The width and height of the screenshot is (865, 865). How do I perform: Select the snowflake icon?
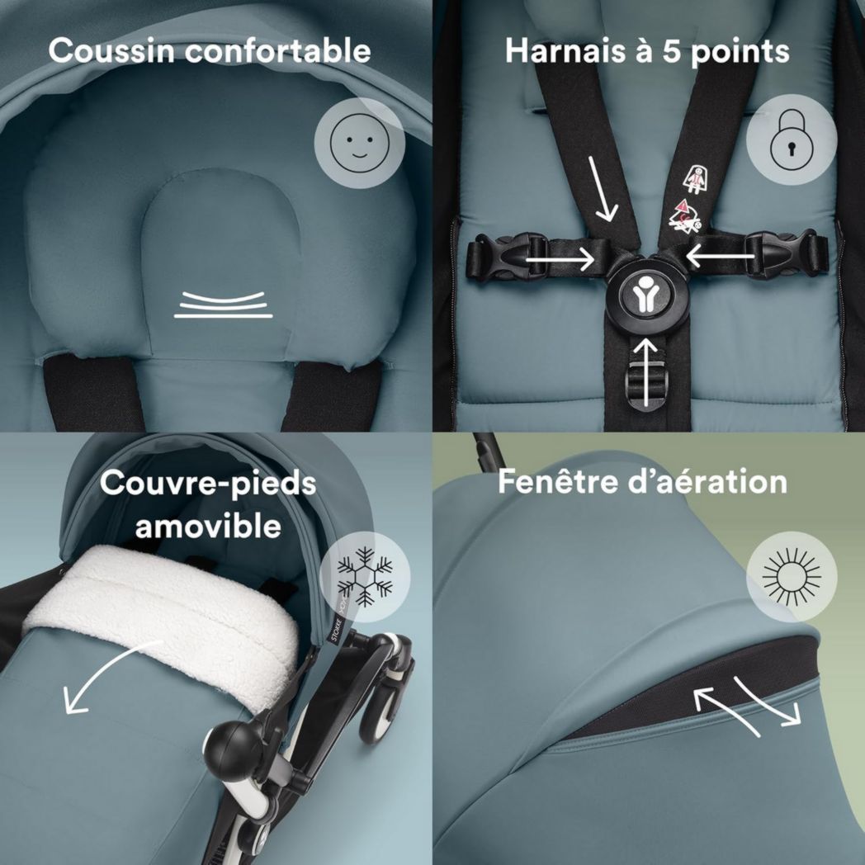coord(365,573)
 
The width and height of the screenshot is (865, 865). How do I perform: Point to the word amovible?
coord(208,525)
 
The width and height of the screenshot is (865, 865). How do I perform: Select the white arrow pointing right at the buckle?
coord(561,261)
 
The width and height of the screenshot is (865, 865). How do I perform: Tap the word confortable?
coord(277,50)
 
